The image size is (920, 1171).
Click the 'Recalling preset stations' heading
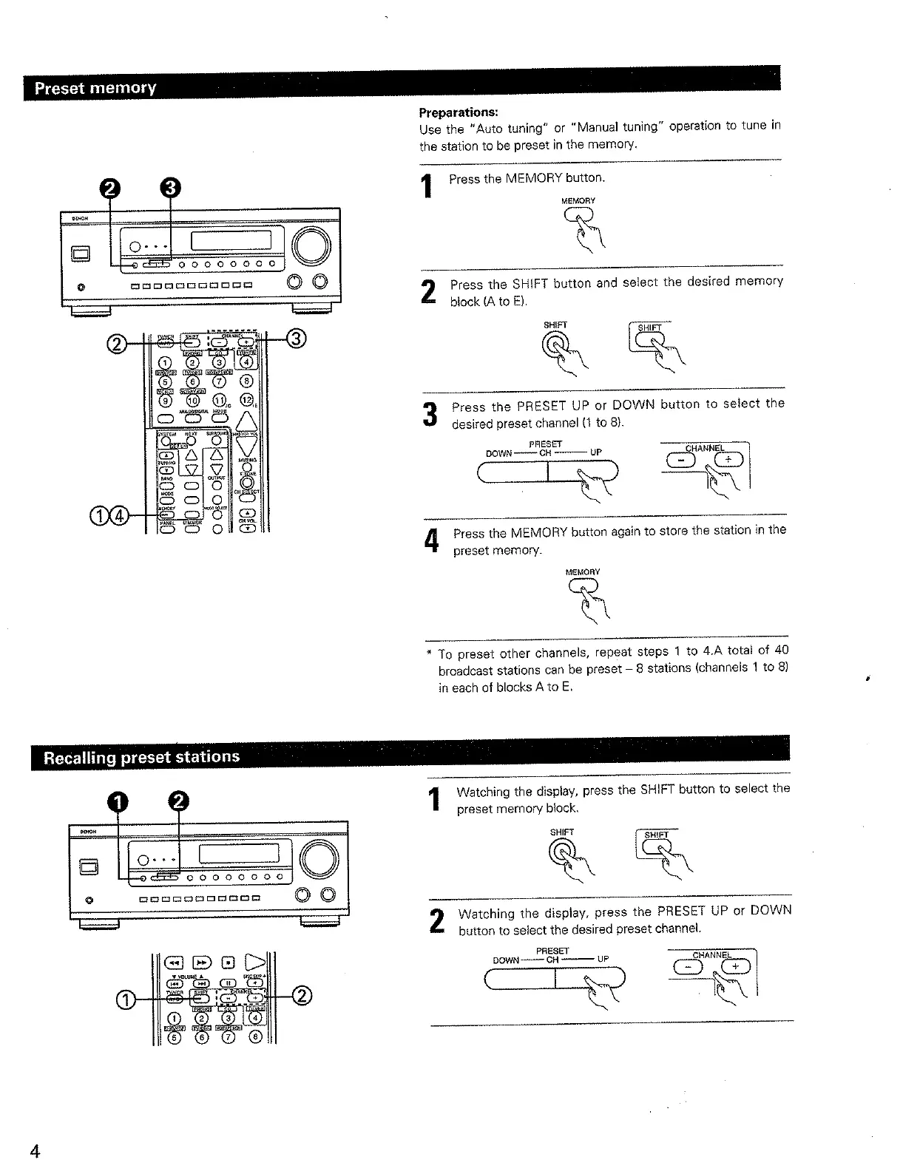141,758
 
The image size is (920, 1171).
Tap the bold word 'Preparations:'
459,112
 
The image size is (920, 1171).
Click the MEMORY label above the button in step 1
578,201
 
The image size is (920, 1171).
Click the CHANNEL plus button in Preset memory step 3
728,461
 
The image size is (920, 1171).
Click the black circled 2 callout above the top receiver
110,189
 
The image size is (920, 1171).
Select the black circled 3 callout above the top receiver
171,189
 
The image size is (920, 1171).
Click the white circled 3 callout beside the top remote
295,339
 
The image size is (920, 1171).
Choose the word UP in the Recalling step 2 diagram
603,960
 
